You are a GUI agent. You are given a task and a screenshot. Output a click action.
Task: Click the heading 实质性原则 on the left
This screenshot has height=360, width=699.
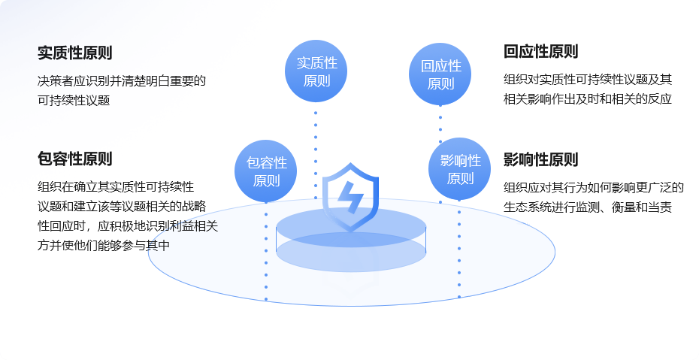coord(75,53)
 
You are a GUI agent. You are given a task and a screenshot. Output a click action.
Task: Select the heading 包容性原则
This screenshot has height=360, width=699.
coord(75,159)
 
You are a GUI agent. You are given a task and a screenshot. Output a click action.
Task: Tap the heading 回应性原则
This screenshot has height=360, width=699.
coord(541,52)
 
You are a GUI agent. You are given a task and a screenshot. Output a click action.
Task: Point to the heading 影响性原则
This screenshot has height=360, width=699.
coord(541,159)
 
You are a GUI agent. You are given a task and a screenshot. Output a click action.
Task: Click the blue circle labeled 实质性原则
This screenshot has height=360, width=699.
coord(316,71)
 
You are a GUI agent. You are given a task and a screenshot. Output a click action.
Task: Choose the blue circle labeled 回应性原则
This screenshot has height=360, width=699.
coord(440,74)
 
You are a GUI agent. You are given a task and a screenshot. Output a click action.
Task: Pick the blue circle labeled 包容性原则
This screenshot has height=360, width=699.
coord(266,171)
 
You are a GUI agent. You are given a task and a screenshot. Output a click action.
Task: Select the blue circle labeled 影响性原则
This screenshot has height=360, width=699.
coord(459,169)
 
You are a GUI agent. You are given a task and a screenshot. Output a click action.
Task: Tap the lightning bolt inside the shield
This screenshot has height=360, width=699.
coord(350,198)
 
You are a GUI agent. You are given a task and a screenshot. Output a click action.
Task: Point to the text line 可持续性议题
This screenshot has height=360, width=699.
coord(74,100)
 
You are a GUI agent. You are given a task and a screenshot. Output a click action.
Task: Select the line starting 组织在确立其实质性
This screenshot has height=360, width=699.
coord(116,186)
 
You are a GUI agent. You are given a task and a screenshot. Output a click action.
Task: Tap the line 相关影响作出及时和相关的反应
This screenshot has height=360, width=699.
coord(587,98)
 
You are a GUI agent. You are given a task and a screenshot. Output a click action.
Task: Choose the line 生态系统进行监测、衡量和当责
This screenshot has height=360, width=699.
coord(587,207)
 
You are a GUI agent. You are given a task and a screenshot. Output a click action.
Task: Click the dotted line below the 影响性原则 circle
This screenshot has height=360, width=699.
coord(459,252)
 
